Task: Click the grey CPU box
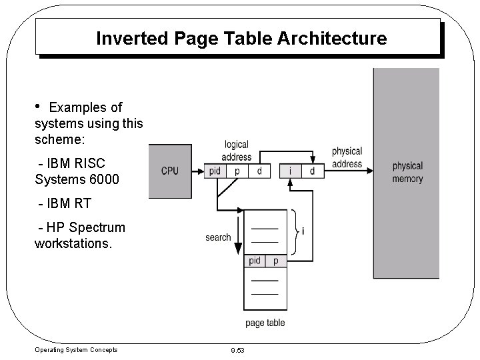point(170,171)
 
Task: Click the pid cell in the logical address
point(215,171)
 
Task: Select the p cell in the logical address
point(237,171)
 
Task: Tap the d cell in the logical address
point(259,171)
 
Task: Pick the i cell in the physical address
point(291,171)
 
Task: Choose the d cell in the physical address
point(313,171)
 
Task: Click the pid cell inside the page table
point(255,261)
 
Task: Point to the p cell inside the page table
point(276,261)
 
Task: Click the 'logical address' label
point(236,151)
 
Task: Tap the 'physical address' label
point(347,158)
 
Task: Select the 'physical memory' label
point(407,172)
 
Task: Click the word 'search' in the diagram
point(218,237)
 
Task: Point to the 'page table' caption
point(265,323)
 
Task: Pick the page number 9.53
point(238,350)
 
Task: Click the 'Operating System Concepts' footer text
point(75,349)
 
